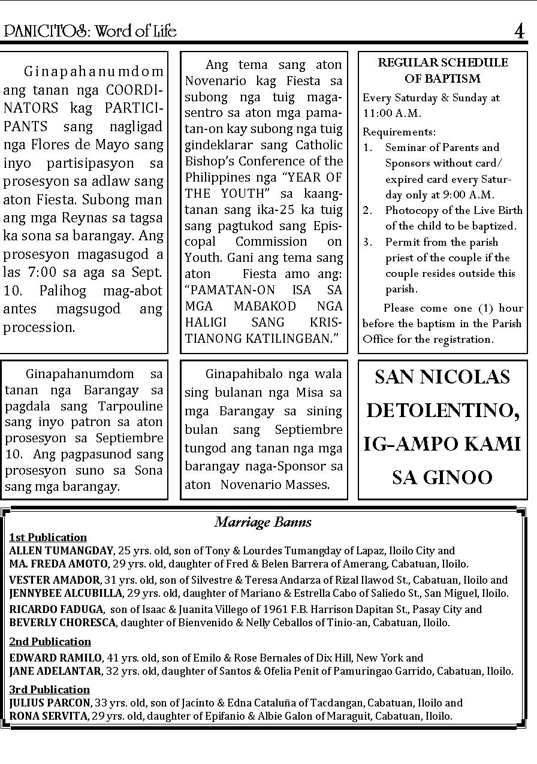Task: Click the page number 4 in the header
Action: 519,31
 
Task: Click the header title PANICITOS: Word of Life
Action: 90,31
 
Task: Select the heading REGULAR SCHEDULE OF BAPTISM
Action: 443,70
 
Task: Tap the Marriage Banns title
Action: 263,522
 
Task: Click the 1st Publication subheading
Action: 48,537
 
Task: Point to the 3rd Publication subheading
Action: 49,689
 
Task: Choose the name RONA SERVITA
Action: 48,715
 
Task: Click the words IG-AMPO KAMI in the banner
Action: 442,444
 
